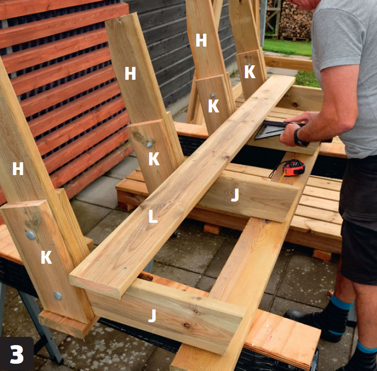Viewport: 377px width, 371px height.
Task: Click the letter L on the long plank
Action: click(153, 216)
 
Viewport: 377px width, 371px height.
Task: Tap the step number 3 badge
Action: click(17, 354)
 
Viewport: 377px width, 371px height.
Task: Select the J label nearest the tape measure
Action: click(235, 195)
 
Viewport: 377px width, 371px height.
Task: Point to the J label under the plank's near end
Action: click(152, 316)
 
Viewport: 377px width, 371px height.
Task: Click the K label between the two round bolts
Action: click(46, 257)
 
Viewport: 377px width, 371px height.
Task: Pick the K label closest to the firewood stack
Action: click(250, 72)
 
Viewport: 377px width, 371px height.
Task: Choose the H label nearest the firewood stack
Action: click(201, 40)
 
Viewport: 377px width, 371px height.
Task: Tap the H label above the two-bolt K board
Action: click(18, 168)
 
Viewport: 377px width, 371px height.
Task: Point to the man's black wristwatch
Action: click(299, 138)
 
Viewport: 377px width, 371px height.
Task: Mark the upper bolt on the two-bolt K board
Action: click(31, 235)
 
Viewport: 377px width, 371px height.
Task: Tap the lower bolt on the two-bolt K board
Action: click(57, 296)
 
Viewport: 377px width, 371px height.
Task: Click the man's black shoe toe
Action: click(292, 315)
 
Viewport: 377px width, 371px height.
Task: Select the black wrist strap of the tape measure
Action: click(277, 168)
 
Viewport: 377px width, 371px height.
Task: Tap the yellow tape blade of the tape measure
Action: click(282, 177)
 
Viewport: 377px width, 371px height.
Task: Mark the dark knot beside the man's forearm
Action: click(295, 105)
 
